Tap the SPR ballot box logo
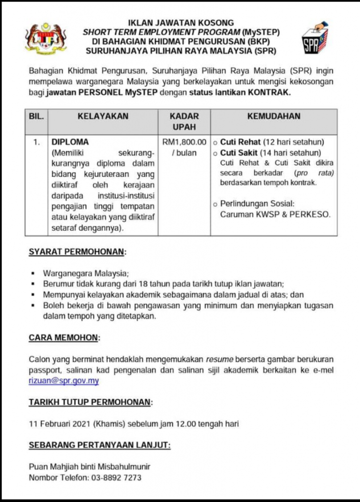click(x=314, y=38)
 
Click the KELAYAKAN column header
click(x=103, y=117)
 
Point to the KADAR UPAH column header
click(x=184, y=122)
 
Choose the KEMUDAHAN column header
click(x=274, y=117)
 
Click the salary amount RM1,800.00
click(x=184, y=143)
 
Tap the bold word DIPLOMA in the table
click(x=71, y=143)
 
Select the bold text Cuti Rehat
click(x=240, y=143)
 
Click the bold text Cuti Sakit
click(x=239, y=153)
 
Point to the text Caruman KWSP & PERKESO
click(x=275, y=214)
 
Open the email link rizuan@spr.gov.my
click(x=64, y=381)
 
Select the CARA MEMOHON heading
click(x=64, y=338)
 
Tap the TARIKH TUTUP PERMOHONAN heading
click(x=90, y=402)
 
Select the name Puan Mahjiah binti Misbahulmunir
click(x=90, y=467)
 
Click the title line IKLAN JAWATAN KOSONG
click(x=181, y=23)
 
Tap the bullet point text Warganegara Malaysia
click(x=85, y=274)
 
